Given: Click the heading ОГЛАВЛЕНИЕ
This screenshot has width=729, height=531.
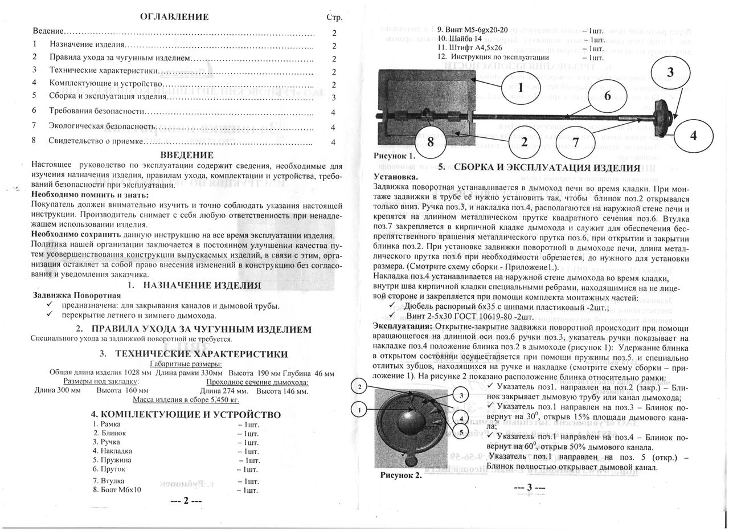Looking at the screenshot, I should click(x=174, y=17).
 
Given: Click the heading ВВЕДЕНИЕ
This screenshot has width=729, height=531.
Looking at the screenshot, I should click(x=186, y=155).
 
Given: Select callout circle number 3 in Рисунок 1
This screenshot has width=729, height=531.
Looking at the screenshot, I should click(x=670, y=72).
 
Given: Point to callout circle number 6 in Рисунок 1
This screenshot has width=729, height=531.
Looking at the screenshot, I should click(x=607, y=96).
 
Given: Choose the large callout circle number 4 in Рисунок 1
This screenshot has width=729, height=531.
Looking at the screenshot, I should click(x=693, y=136).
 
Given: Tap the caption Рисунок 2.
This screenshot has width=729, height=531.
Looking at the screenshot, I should click(x=401, y=475).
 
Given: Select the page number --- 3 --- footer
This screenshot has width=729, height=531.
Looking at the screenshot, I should click(x=529, y=488).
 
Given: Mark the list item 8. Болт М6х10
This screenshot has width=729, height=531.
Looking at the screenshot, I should click(x=117, y=489).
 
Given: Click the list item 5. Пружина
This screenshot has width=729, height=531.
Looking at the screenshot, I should click(x=112, y=459).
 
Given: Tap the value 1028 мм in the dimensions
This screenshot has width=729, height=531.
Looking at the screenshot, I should click(x=138, y=373).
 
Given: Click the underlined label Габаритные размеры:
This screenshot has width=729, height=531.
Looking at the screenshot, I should click(x=185, y=363).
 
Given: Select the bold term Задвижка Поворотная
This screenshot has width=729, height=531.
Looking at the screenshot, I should click(x=77, y=295).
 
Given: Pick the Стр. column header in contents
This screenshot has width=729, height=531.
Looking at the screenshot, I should click(x=334, y=18).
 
